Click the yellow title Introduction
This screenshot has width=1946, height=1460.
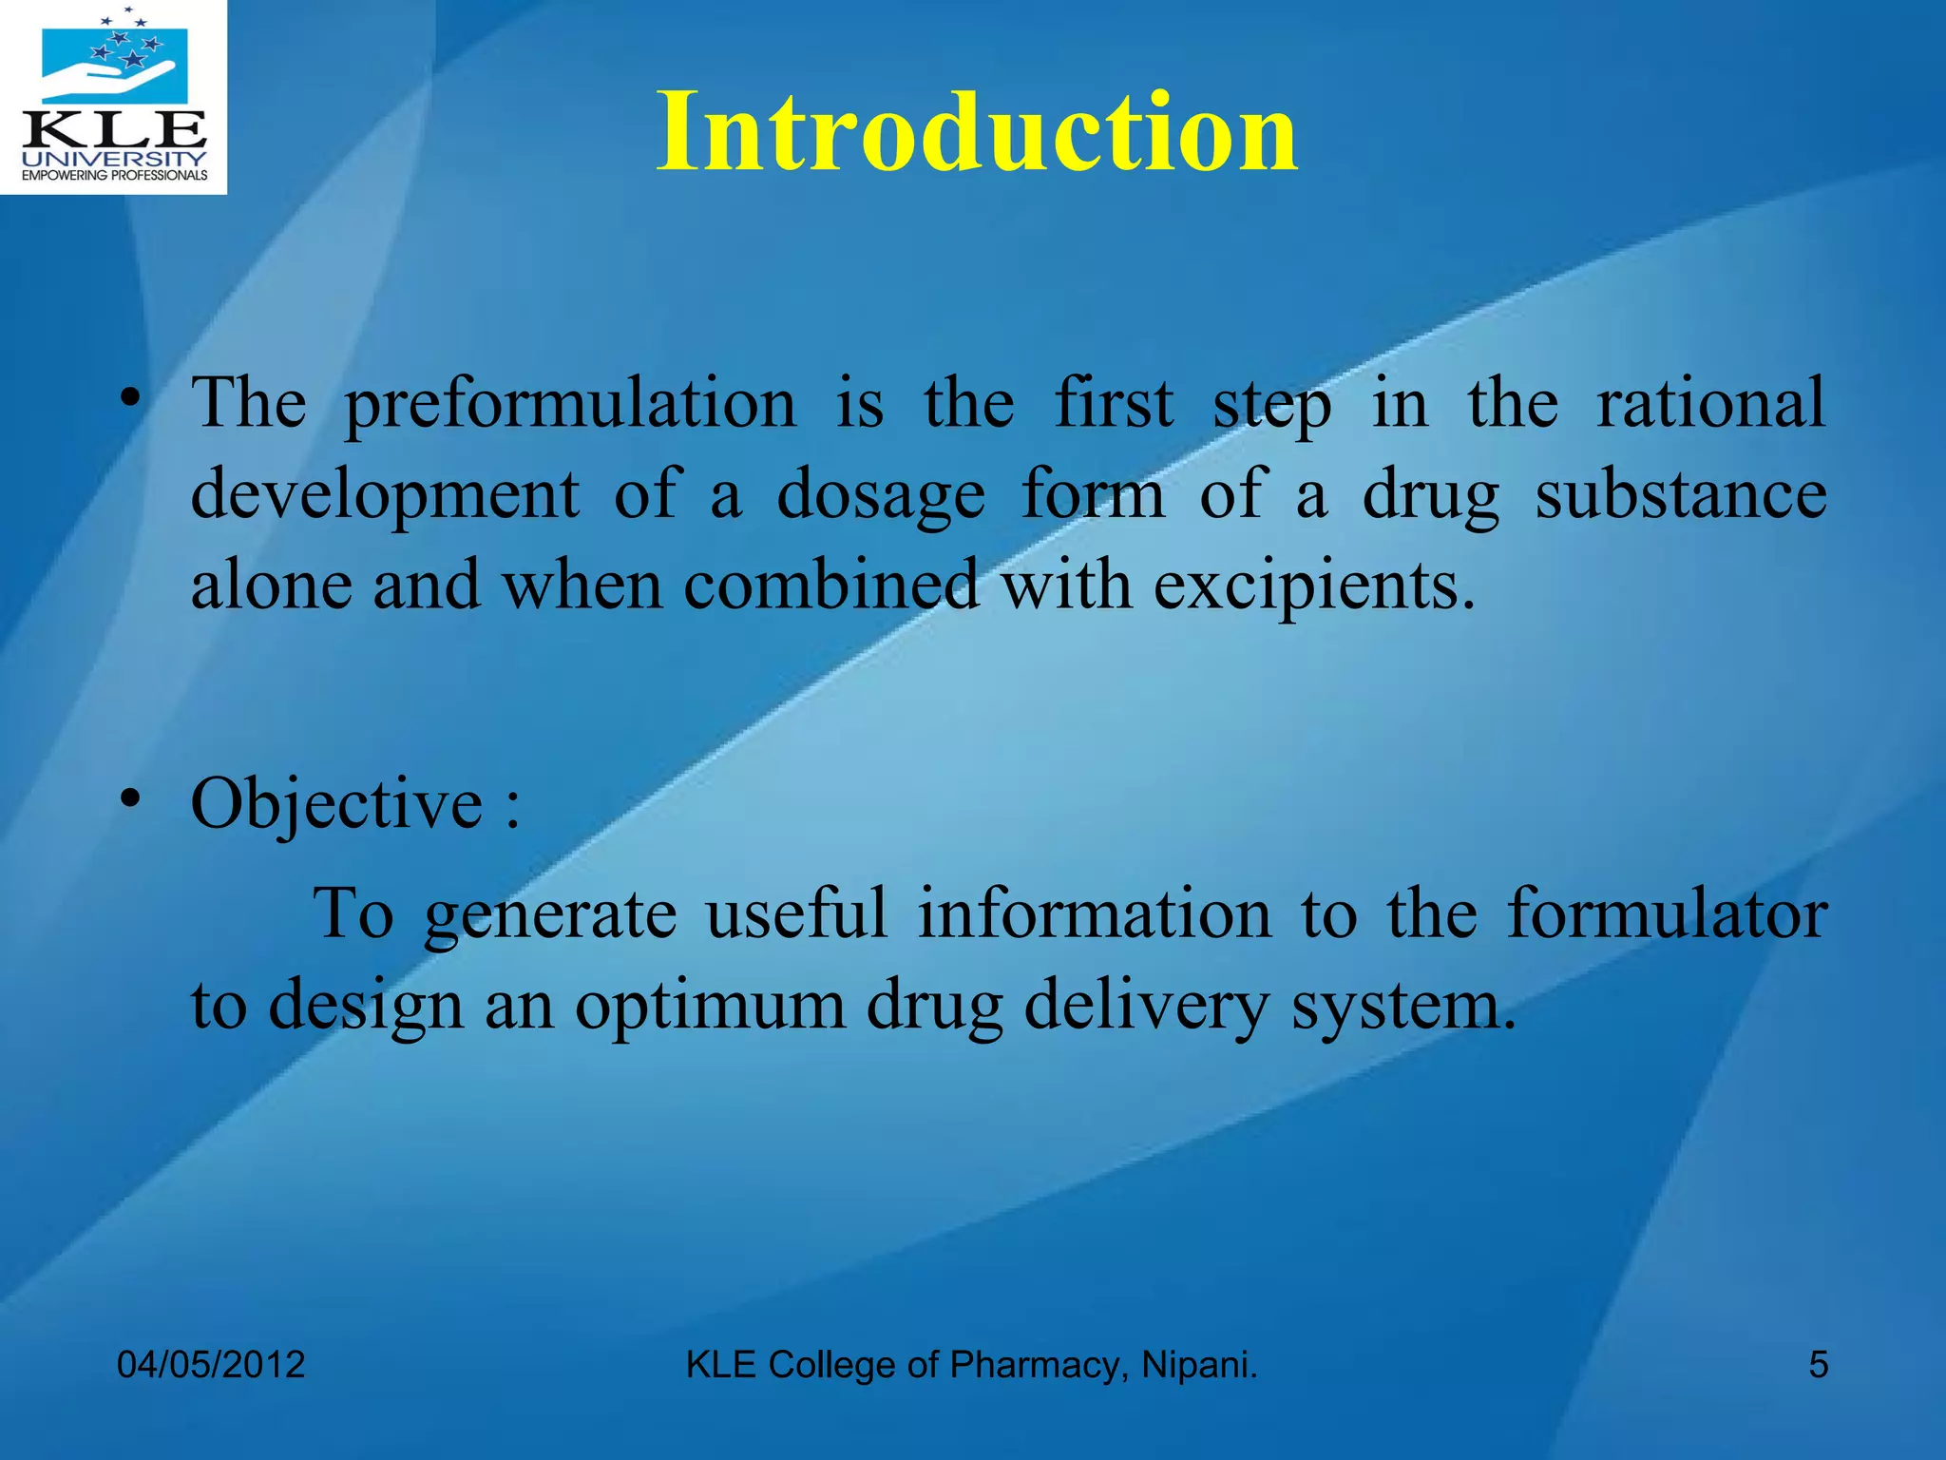(977, 133)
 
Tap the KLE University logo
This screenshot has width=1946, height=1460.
(113, 96)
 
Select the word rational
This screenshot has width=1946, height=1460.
(1710, 403)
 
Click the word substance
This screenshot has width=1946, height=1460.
(1681, 494)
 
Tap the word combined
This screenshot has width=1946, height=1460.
(830, 585)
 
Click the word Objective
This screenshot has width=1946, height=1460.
(337, 804)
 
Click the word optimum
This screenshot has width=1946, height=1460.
(710, 1006)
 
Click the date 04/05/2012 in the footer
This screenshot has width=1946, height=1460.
(211, 1365)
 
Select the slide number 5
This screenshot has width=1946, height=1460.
(1818, 1365)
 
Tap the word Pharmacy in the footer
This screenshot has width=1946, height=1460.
(1039, 1365)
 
